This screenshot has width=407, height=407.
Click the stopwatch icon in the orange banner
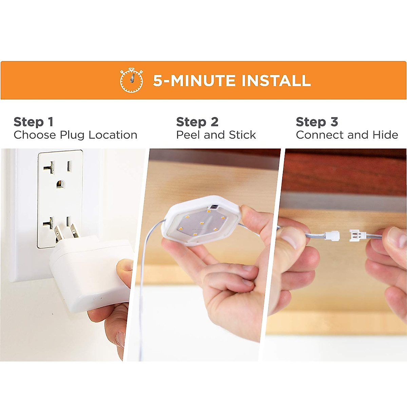[131, 80]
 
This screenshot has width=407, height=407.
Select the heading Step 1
[33, 122]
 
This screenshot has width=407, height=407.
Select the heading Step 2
[197, 122]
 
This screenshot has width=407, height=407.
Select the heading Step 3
[317, 122]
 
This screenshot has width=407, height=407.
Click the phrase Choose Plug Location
[75, 135]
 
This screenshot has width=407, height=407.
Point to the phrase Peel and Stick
[216, 135]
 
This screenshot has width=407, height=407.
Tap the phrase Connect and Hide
[347, 135]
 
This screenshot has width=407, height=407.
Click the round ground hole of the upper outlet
[60, 183]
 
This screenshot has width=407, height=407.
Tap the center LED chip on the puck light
[201, 223]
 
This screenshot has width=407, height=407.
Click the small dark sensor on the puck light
[214, 207]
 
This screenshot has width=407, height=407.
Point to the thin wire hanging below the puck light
[142, 288]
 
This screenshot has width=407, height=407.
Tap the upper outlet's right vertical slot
[69, 166]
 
